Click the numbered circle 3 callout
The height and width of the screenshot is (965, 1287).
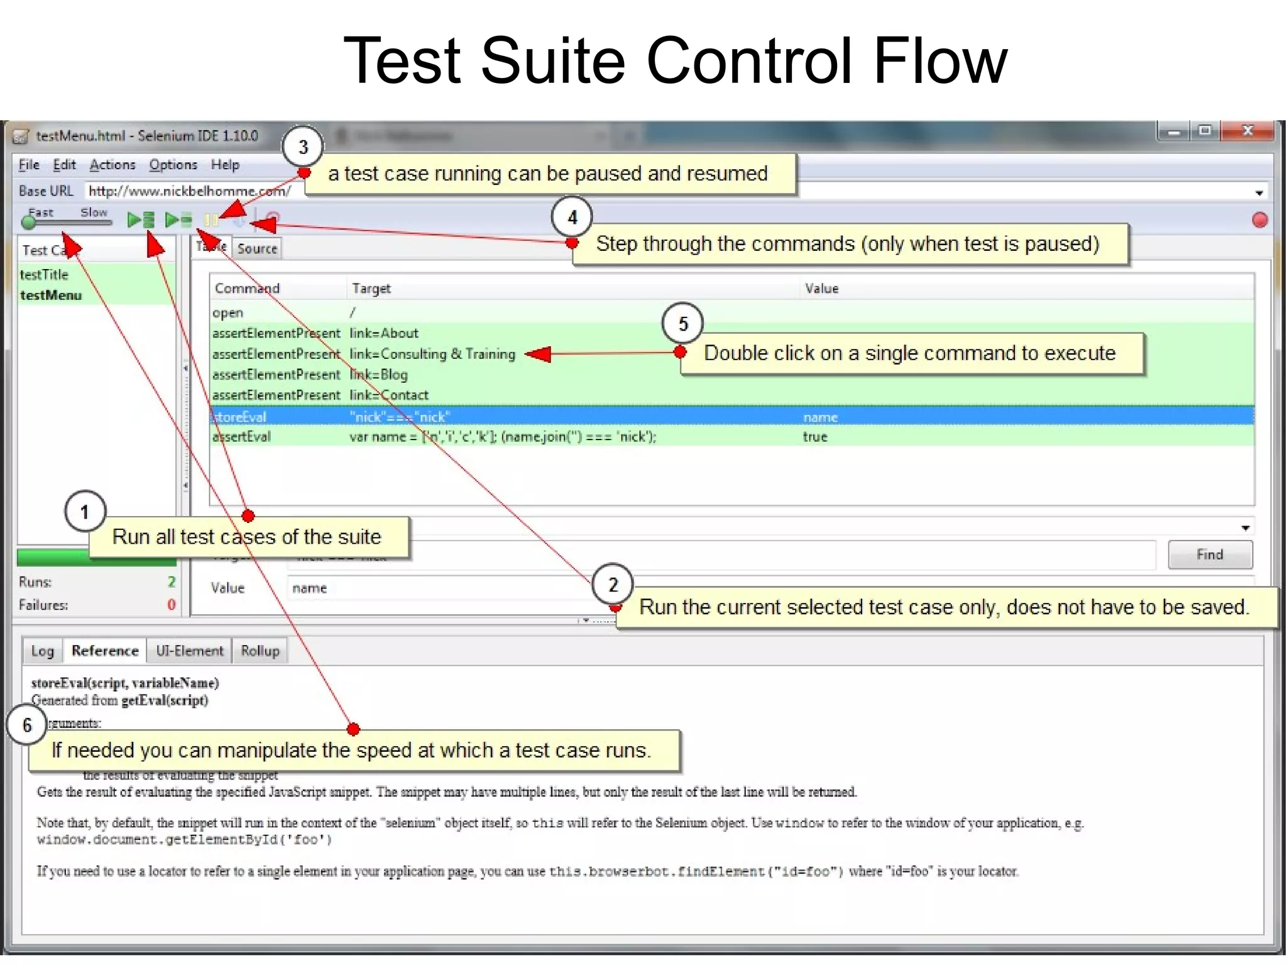pos(303,147)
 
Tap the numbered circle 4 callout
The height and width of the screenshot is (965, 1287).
pos(572,218)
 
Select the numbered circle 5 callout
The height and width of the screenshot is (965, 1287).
pos(682,324)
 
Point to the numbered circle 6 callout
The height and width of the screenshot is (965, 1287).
pos(26,725)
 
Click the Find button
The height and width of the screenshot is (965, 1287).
pos(1210,554)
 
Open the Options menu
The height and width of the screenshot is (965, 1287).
pos(173,165)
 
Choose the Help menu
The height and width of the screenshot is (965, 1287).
pos(225,165)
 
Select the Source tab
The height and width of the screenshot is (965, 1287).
pos(257,249)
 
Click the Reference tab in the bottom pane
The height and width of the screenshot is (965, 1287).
pos(105,651)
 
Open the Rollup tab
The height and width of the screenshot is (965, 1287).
pos(260,651)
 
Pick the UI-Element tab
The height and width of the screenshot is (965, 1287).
pos(190,651)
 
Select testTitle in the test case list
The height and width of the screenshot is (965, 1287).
pos(44,275)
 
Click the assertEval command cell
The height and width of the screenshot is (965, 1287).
pos(243,437)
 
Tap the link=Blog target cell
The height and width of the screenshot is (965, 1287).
pos(379,375)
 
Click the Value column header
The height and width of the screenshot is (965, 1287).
pos(822,289)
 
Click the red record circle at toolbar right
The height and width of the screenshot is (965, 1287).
pos(1259,220)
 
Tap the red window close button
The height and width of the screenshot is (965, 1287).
pos(1247,131)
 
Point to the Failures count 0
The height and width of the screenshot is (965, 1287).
pos(171,605)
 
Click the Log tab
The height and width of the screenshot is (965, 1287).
pos(43,651)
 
